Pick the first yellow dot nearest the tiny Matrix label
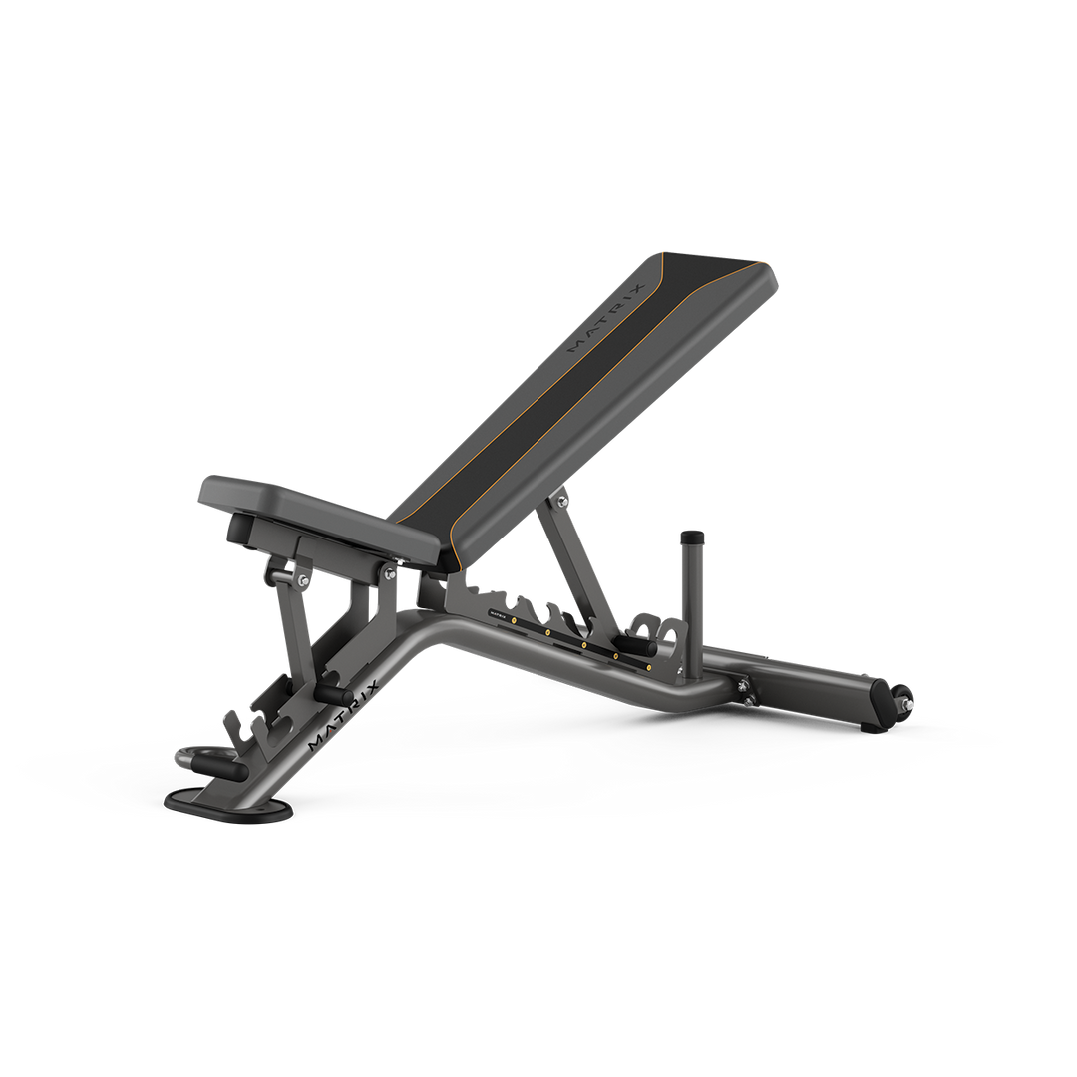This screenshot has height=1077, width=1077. pos(514,619)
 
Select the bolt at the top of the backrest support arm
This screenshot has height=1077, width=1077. pos(563,500)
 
